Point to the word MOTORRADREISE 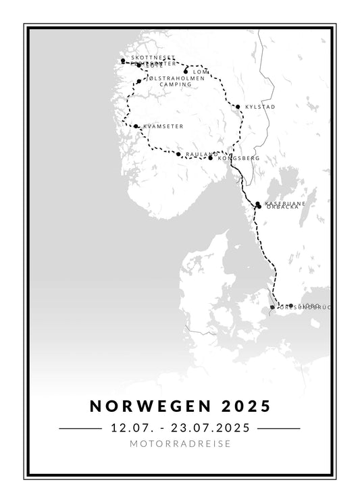coord(180,444)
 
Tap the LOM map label coord(201,72)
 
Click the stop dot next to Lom coord(186,70)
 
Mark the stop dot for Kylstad coord(238,107)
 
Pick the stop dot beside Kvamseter coord(136,126)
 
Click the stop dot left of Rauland coord(178,155)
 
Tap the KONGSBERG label coord(239,158)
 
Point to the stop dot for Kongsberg coord(211,157)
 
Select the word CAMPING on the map coord(162,84)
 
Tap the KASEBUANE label coord(285,203)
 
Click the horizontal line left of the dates coord(80,428)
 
